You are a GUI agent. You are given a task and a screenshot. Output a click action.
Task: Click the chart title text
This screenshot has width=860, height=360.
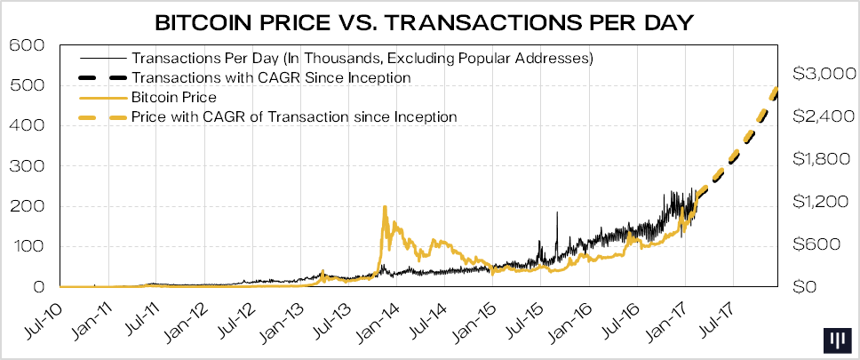coord(429,20)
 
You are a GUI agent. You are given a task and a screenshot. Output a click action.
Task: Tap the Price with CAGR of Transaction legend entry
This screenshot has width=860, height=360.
coord(294,116)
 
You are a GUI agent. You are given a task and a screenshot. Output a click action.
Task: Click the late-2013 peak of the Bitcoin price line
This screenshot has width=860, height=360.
coord(384,207)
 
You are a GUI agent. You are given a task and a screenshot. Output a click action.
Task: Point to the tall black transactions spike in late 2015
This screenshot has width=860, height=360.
coord(557,213)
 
